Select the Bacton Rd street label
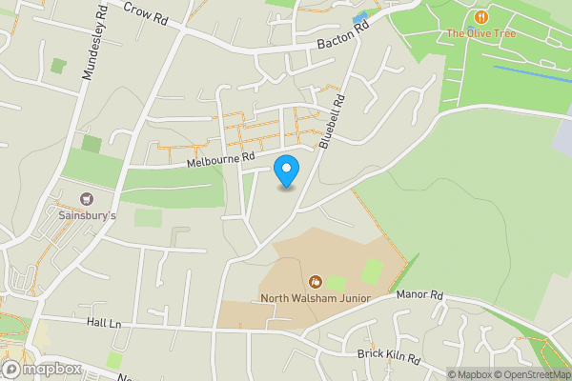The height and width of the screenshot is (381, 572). pyautogui.click(x=343, y=39)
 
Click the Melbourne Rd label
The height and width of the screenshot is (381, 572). pyautogui.click(x=221, y=159)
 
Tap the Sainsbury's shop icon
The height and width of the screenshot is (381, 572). pyautogui.click(x=87, y=199)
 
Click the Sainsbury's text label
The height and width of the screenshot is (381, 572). pyautogui.click(x=87, y=216)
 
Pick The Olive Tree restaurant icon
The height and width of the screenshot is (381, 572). pyautogui.click(x=481, y=17)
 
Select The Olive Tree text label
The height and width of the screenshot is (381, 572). pyautogui.click(x=481, y=34)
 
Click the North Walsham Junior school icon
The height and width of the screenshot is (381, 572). pyautogui.click(x=315, y=281)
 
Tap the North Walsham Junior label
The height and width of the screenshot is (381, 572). pyautogui.click(x=315, y=298)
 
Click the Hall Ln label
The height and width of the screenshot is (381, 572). pyautogui.click(x=103, y=324)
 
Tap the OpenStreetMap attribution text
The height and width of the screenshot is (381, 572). pyautogui.click(x=532, y=374)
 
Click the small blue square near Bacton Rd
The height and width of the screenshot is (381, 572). pyautogui.click(x=359, y=20)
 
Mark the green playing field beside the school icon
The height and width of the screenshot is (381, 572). pyautogui.click(x=336, y=283)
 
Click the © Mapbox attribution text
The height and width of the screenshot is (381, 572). pyautogui.click(x=469, y=374)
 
